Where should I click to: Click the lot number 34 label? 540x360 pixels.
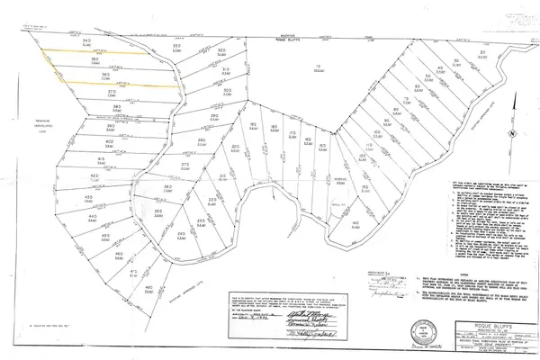click(86, 41)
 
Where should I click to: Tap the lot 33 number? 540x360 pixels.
click(177, 45)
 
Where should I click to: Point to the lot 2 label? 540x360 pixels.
click(482, 53)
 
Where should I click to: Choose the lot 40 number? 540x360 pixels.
click(107, 142)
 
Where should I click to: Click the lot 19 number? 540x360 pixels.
click(254, 123)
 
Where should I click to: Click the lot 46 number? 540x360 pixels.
click(120, 256)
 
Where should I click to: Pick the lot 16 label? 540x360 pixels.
click(308, 140)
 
